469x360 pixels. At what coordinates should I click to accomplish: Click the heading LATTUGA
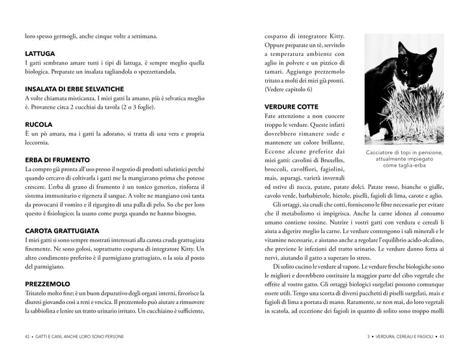[x=40, y=53]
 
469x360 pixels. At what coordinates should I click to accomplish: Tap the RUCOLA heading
[x=38, y=124]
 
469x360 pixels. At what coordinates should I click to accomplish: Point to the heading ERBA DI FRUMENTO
[x=57, y=159]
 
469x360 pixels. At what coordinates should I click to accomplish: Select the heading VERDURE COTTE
[x=291, y=106]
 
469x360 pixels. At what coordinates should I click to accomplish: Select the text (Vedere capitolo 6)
[x=289, y=89]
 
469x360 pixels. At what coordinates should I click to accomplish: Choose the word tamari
[x=276, y=71]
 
